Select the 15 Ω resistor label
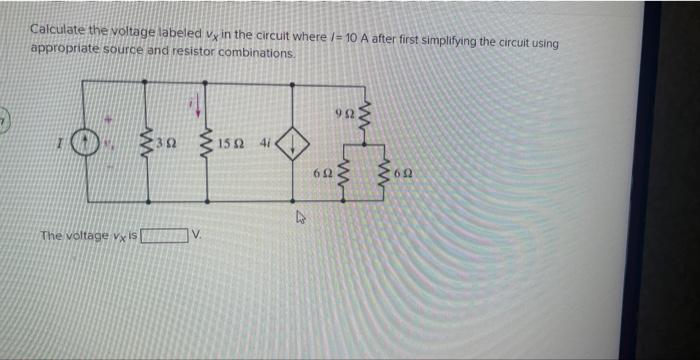pos(232,145)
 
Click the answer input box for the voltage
pos(165,236)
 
